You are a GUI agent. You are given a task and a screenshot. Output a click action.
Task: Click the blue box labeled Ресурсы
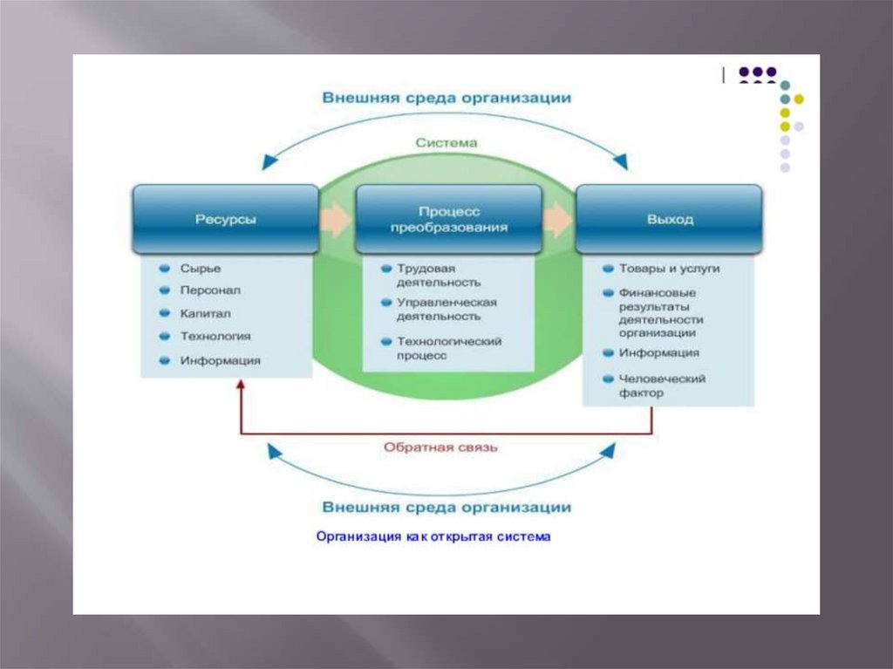[225, 219]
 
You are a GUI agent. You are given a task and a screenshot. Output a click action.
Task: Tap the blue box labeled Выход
[670, 219]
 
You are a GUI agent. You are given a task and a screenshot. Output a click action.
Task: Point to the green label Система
[446, 142]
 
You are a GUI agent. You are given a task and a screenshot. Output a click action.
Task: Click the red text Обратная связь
[440, 447]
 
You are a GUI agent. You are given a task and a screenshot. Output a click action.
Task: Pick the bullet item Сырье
[201, 268]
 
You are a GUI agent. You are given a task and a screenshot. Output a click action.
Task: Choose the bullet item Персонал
[210, 290]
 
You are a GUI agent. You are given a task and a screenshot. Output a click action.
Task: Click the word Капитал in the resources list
[206, 313]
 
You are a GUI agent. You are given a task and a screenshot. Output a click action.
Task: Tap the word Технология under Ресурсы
[215, 336]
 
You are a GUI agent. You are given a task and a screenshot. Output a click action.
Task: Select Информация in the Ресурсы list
[220, 359]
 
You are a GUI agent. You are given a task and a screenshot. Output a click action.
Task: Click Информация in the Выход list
[658, 353]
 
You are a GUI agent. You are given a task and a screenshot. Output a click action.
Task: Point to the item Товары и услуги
[669, 269]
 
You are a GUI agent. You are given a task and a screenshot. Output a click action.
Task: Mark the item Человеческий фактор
[661, 386]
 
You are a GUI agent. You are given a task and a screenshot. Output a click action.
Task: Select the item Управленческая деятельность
[446, 309]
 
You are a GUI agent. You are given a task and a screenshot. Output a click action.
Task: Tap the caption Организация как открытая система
[433, 537]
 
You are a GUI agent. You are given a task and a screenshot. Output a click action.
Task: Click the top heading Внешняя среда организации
[446, 98]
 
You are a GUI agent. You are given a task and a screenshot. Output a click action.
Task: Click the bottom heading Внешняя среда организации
[446, 507]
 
